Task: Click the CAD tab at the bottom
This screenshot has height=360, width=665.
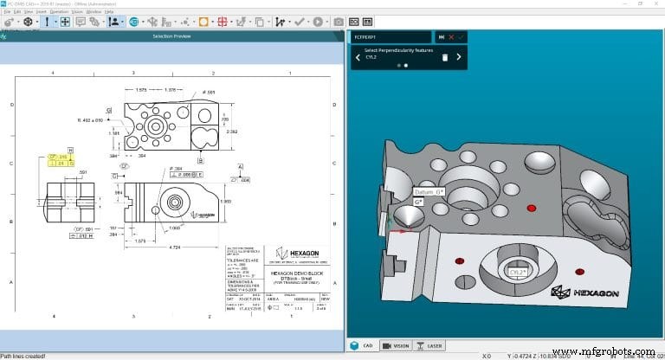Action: (x=364, y=344)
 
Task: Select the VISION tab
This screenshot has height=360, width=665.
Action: (x=397, y=344)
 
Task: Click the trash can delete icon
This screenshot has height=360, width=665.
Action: (x=445, y=57)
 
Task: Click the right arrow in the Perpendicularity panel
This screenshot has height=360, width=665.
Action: (x=460, y=57)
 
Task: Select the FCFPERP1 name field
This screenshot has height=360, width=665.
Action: (x=390, y=37)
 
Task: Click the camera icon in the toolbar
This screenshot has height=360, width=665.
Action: (x=339, y=22)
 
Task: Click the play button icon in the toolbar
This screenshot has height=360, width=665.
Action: (x=318, y=22)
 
